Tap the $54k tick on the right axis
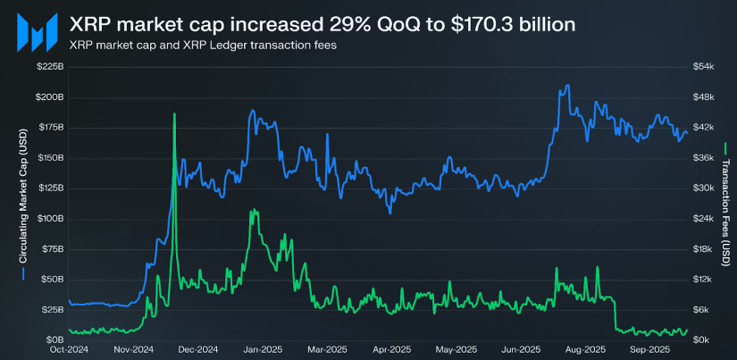point(703,67)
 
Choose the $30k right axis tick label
point(703,188)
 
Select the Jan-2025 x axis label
point(259,349)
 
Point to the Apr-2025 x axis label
point(389,349)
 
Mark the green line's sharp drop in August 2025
point(616,313)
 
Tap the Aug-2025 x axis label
point(585,349)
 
